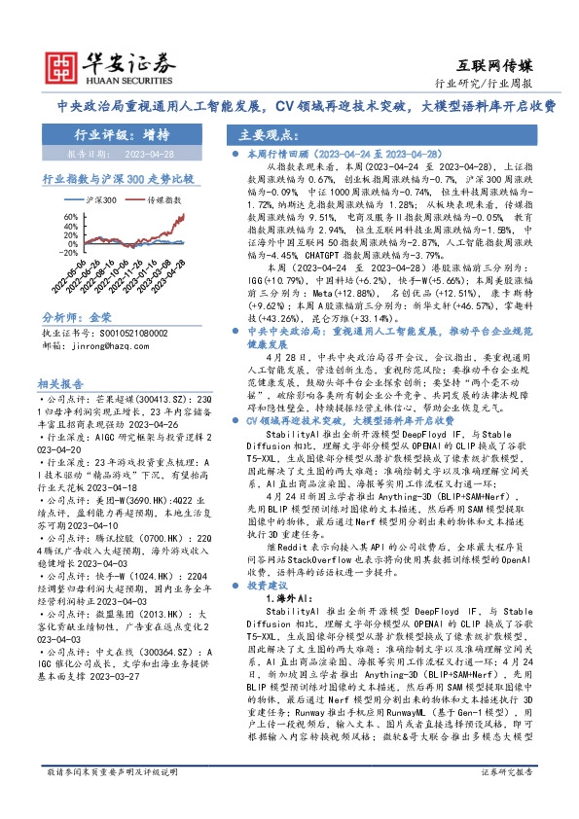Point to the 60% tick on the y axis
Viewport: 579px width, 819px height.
[x=53, y=212]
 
